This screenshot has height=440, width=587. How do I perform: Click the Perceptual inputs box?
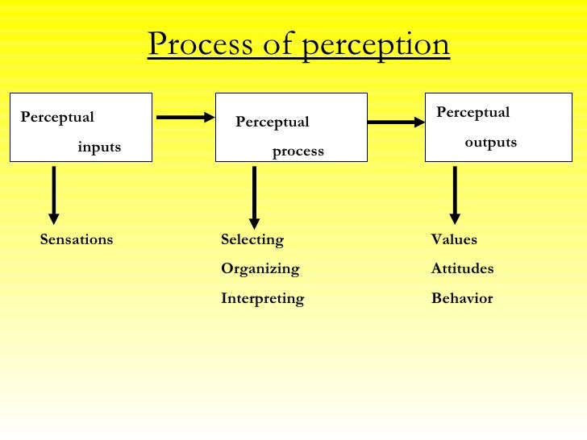click(x=81, y=127)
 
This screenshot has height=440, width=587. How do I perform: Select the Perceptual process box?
click(x=291, y=127)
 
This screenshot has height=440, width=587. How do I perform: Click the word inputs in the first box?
click(x=99, y=147)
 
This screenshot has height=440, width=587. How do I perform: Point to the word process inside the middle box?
click(x=298, y=151)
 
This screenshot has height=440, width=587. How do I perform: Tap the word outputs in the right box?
click(x=490, y=143)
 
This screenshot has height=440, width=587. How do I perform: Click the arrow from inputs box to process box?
click(x=185, y=118)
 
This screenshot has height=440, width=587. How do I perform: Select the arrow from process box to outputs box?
click(x=396, y=122)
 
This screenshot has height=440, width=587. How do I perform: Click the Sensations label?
click(x=77, y=239)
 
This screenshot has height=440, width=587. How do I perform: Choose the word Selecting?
click(x=252, y=239)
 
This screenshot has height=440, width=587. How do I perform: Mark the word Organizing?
click(x=260, y=268)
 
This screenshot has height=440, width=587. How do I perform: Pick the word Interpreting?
click(x=263, y=298)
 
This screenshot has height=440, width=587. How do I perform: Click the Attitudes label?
click(x=463, y=268)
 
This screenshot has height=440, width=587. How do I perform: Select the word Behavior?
click(x=462, y=298)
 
